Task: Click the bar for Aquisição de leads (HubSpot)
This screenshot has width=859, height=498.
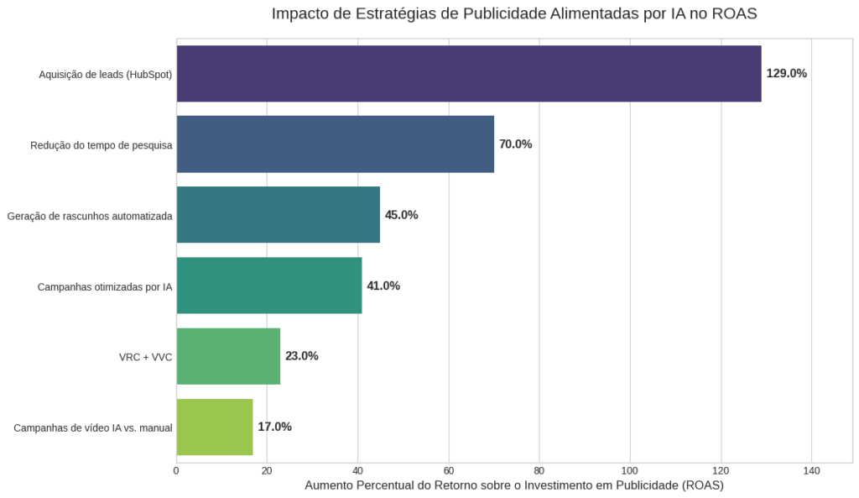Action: (469, 74)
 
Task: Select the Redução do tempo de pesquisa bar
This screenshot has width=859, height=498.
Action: (336, 144)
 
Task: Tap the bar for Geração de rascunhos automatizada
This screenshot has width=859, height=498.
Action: (279, 215)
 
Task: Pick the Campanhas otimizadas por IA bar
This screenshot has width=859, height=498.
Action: (269, 286)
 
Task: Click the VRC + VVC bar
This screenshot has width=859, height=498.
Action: (228, 356)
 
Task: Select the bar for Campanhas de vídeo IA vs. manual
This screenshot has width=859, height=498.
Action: (215, 427)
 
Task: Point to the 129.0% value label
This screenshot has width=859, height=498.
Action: (786, 74)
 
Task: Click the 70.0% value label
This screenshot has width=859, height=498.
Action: (515, 144)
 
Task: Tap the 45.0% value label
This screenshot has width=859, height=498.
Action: (401, 215)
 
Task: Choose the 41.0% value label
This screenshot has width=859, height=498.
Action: (383, 286)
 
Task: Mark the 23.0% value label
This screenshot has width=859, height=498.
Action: (301, 356)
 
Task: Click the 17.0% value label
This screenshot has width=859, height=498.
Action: (274, 427)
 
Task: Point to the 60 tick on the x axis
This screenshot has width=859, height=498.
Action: (449, 470)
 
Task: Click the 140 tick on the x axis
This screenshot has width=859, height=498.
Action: (811, 470)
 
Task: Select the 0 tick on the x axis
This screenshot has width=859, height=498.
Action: (176, 470)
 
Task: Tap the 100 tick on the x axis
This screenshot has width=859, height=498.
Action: (630, 470)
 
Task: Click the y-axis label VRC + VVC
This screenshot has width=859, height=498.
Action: (145, 357)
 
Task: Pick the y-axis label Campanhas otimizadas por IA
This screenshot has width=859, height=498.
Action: (105, 286)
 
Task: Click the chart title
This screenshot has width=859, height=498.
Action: (514, 14)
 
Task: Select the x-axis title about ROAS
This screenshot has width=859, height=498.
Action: (514, 485)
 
